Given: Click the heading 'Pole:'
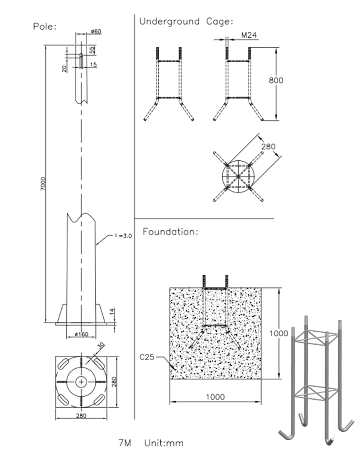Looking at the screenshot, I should click(45, 26).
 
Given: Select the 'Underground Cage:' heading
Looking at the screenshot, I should click(186, 21).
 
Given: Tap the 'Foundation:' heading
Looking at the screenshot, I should click(171, 232).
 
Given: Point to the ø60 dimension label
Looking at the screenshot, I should click(95, 31).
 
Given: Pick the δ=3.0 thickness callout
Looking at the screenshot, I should click(122, 235).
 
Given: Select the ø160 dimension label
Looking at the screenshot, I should click(81, 334).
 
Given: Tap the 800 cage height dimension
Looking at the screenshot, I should click(276, 81).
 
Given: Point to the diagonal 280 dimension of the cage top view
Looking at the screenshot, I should click(268, 147).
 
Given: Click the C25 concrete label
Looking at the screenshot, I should click(147, 357).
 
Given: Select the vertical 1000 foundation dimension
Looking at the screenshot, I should click(279, 334).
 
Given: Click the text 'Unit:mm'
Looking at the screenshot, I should click(164, 443).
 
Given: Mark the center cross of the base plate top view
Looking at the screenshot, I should click(81, 382).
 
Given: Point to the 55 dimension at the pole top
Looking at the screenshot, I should click(92, 50).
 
